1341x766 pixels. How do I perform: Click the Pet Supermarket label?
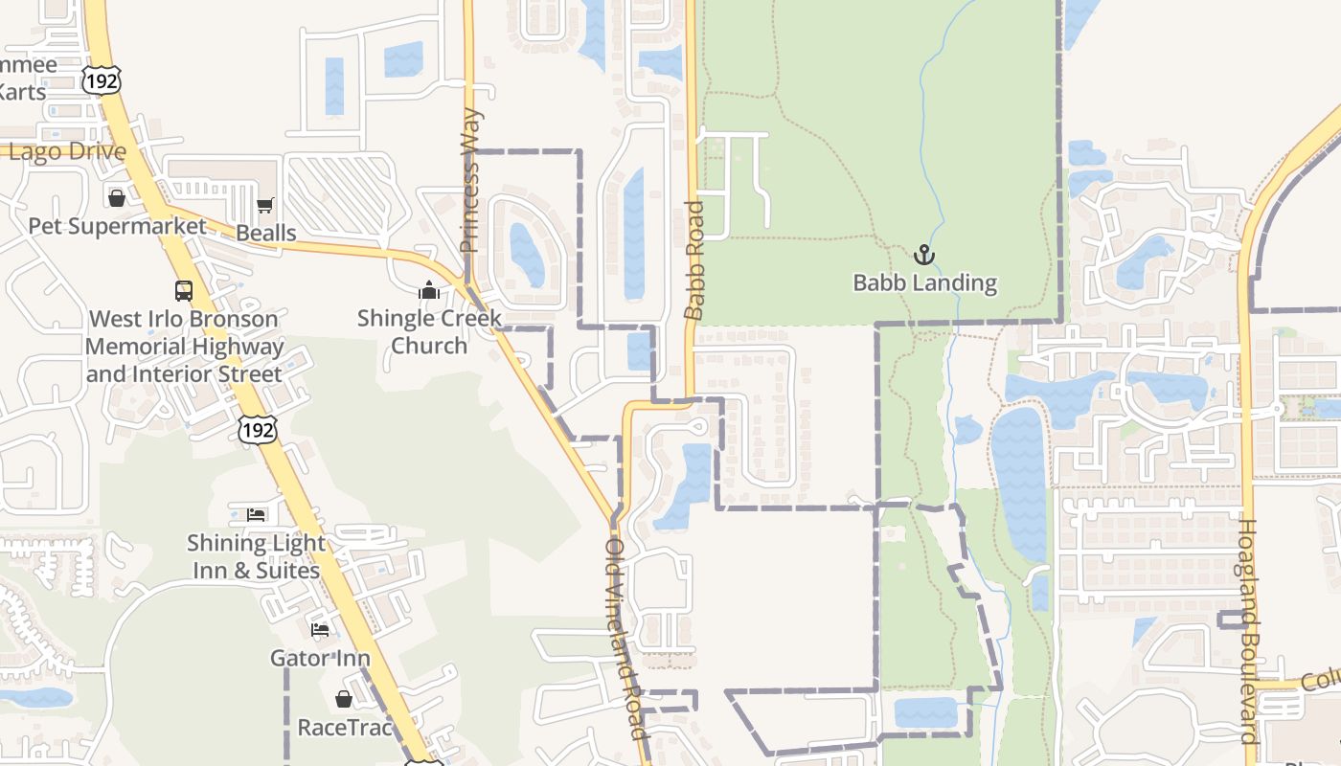(117, 227)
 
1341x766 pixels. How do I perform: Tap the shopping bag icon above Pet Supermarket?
(117, 198)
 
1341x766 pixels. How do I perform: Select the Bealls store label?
(266, 234)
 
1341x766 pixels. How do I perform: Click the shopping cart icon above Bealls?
(265, 205)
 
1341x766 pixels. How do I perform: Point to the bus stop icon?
(183, 290)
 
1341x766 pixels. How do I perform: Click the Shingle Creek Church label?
(429, 331)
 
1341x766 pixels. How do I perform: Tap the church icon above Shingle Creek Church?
(429, 290)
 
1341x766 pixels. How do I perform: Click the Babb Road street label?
(694, 259)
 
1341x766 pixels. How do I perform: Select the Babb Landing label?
(924, 283)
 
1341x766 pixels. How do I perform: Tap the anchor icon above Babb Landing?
(923, 255)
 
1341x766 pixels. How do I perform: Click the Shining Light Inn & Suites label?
(256, 556)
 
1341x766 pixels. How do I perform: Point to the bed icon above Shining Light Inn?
(256, 515)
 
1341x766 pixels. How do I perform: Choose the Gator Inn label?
(320, 658)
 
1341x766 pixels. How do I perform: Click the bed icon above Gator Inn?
(320, 629)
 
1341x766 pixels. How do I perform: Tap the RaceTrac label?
(345, 728)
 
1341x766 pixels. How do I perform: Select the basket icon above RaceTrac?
(344, 699)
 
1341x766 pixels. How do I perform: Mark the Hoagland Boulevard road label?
(1248, 631)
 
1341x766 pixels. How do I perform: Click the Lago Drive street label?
(67, 151)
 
